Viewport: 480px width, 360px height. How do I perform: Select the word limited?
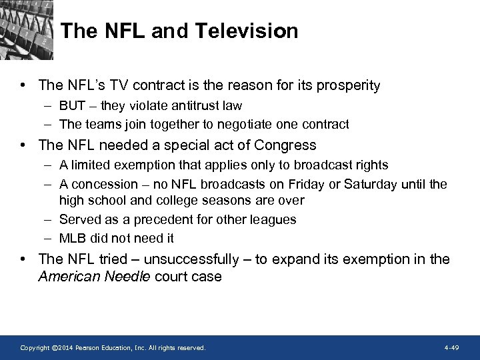[90, 165]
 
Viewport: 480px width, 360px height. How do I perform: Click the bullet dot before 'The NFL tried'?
[23, 259]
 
